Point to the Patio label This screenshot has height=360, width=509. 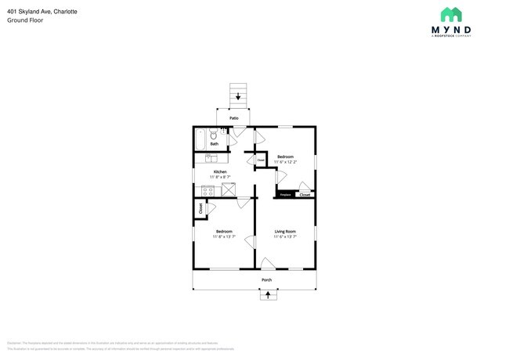click(x=233, y=118)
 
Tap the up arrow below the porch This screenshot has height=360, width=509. click(x=268, y=295)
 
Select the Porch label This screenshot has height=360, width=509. click(x=266, y=279)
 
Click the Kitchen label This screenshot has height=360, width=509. click(x=220, y=171)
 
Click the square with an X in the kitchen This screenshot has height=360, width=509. click(x=228, y=189)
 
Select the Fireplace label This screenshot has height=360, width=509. click(x=285, y=195)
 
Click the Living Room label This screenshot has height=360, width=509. click(x=284, y=231)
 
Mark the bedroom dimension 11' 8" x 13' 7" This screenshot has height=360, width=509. click(x=224, y=236)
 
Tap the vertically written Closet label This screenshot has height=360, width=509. click(x=200, y=209)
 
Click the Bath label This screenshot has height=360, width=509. click(x=214, y=144)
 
